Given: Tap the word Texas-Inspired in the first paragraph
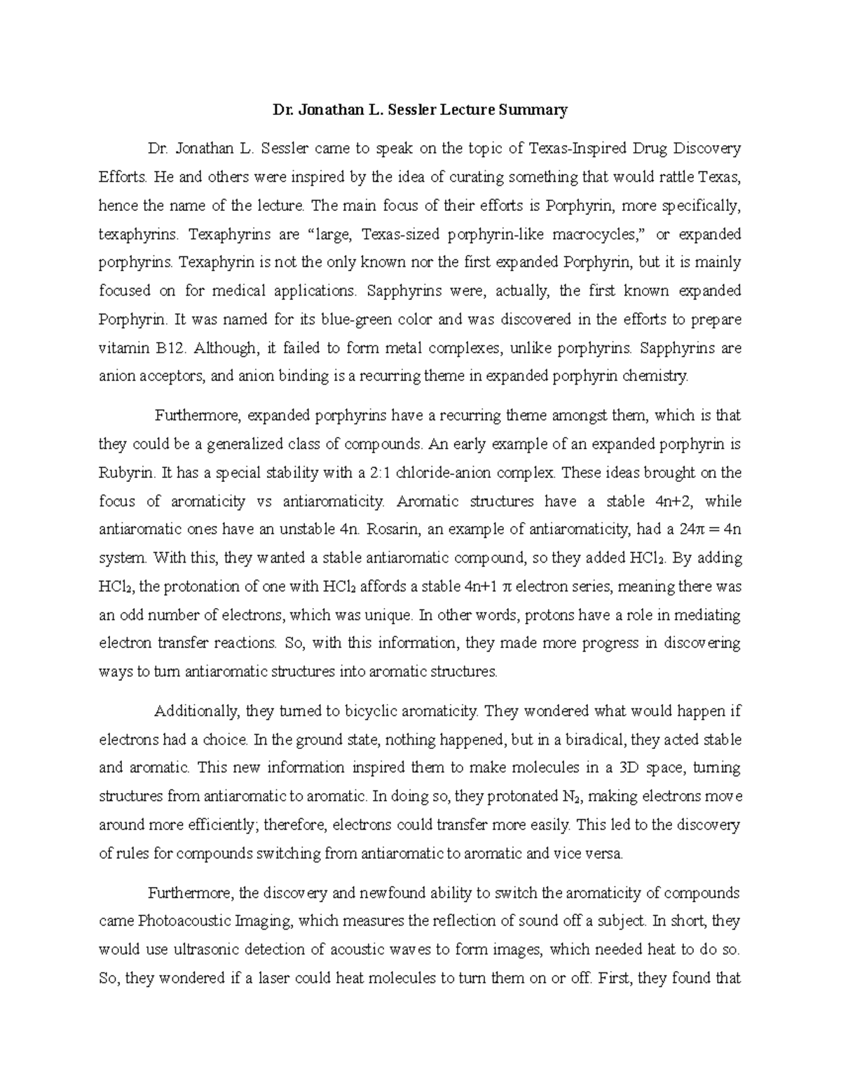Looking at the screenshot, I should (x=573, y=149).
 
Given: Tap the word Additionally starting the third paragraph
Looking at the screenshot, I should (x=197, y=712).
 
